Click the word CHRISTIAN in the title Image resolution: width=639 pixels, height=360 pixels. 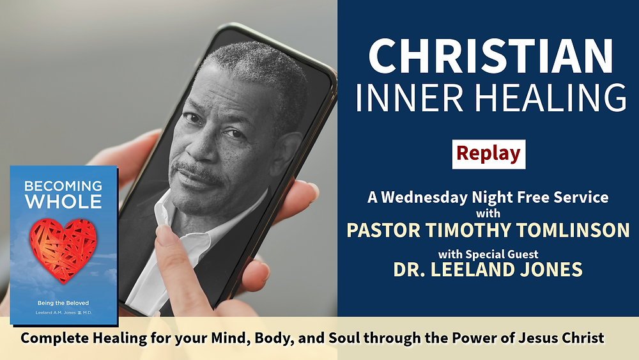(491, 56)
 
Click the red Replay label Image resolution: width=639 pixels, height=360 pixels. (489, 154)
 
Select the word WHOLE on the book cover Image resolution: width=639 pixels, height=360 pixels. (63, 202)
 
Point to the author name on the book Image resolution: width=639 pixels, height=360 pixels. (63, 313)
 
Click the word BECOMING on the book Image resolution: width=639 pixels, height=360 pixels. (63, 187)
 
